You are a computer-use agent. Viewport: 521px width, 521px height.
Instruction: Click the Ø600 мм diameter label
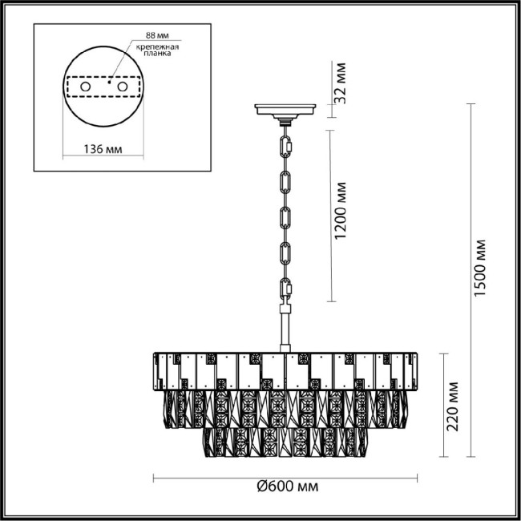285,487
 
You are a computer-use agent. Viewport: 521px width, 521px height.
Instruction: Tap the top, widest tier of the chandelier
285,370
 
